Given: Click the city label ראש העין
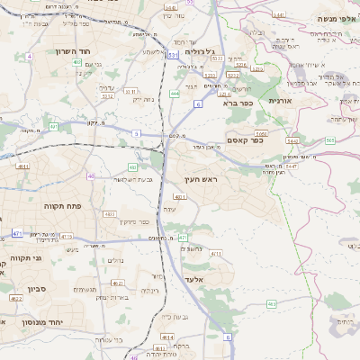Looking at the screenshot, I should [x=217, y=180].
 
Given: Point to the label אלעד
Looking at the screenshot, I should [x=194, y=279].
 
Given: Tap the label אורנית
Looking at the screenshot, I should [x=295, y=101].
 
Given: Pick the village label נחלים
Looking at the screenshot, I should [x=114, y=260].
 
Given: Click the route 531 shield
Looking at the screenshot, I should [x=171, y=55].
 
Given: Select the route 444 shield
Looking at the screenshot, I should [x=174, y=94].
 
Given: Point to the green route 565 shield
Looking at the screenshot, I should [x=330, y=140].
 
